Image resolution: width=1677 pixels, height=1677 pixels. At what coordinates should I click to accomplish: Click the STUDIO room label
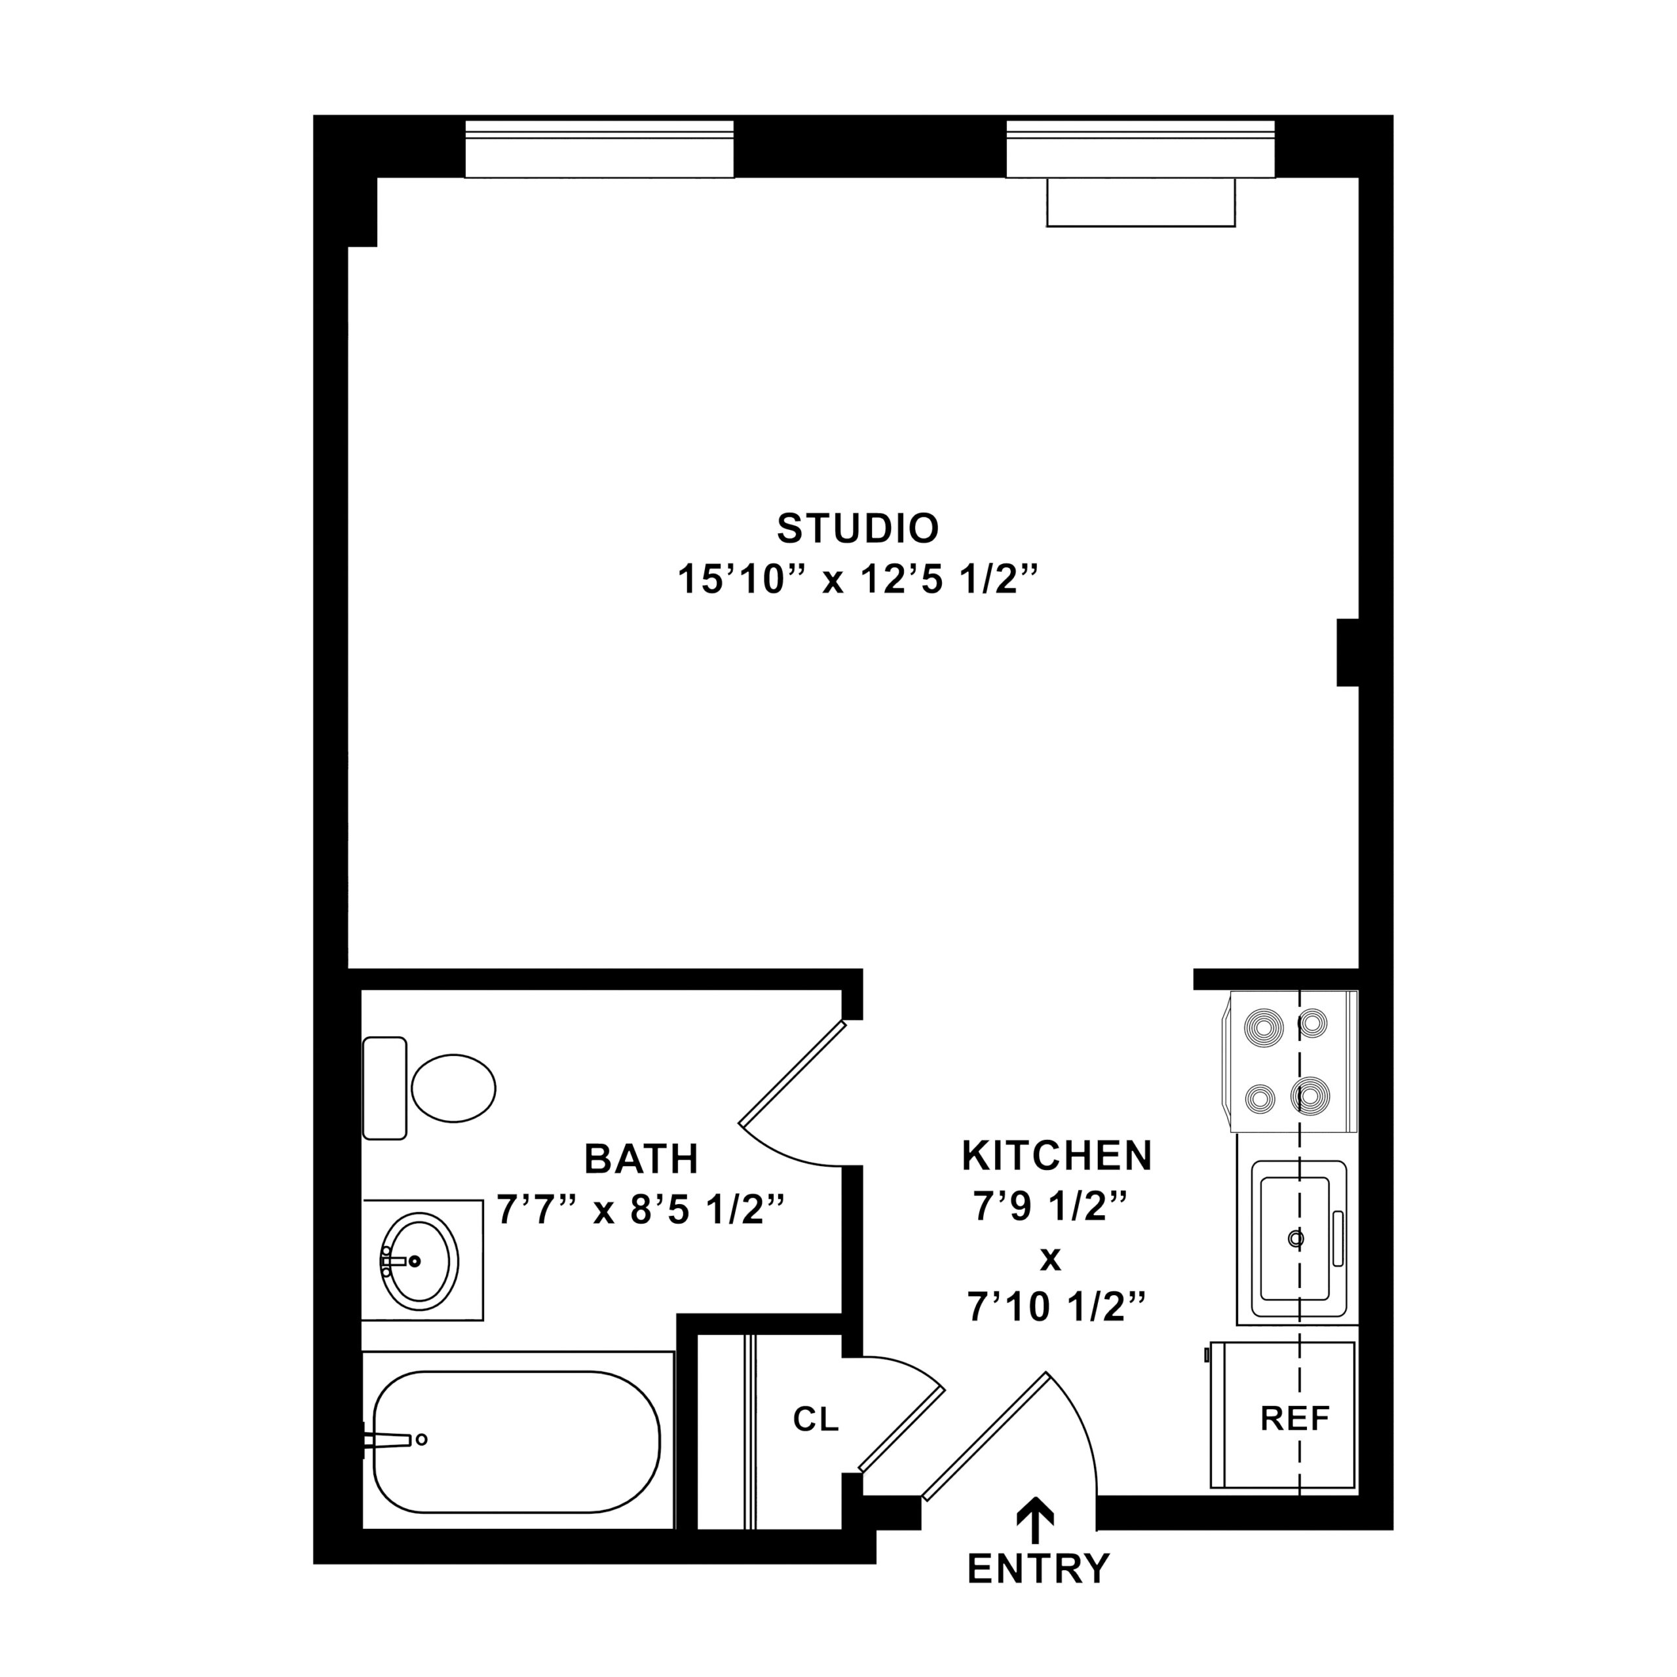pyautogui.click(x=857, y=529)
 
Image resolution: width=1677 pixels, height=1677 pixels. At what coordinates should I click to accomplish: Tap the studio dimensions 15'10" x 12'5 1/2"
pyautogui.click(x=857, y=579)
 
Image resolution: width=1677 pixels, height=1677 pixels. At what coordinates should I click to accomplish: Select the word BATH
pyautogui.click(x=641, y=1159)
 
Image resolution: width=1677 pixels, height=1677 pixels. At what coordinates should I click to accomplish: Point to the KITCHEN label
pyautogui.click(x=1057, y=1156)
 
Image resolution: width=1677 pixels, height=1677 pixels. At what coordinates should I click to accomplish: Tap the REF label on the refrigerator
pyautogui.click(x=1295, y=1418)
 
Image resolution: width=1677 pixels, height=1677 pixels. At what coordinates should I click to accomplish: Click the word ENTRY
pyautogui.click(x=1039, y=1568)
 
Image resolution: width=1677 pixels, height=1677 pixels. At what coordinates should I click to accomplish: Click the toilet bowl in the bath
pyautogui.click(x=453, y=1087)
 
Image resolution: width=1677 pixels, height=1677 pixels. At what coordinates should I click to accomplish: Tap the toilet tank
pyautogui.click(x=385, y=1087)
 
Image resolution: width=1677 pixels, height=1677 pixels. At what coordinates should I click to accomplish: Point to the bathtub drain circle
pyautogui.click(x=422, y=1439)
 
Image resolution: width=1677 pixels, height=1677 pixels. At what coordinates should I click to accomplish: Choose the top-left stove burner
pyautogui.click(x=1263, y=1028)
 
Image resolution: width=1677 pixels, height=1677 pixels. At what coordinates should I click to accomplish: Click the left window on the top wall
pyautogui.click(x=600, y=149)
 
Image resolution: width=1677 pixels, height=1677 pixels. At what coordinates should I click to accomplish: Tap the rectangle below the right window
pyautogui.click(x=1140, y=202)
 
